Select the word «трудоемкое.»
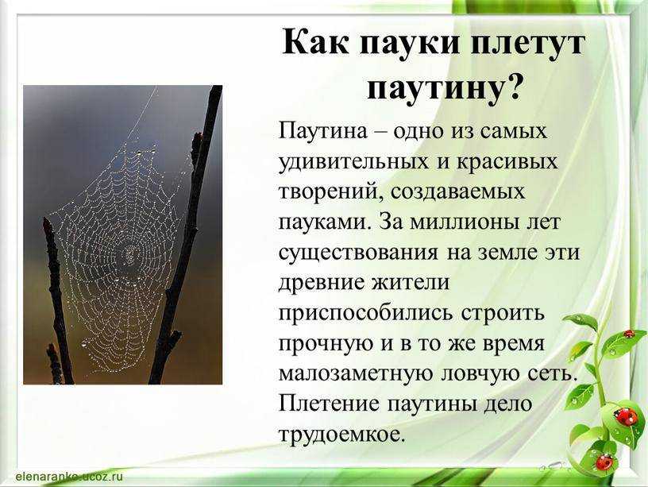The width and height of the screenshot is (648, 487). click(x=342, y=433)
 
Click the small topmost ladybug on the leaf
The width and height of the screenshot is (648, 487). click(x=628, y=334)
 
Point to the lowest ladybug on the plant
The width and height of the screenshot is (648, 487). click(x=604, y=461)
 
